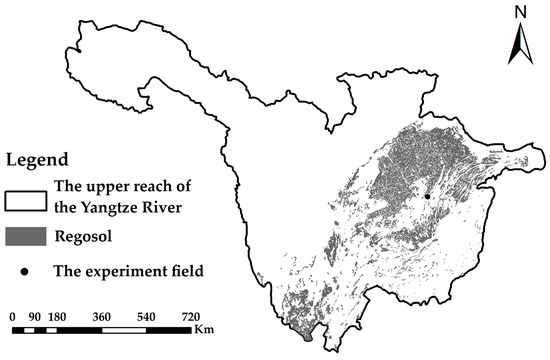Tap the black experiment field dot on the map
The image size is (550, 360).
(427, 197)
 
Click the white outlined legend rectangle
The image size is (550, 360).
(25, 196)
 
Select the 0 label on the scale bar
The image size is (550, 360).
(12, 316)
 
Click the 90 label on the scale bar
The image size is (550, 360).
(35, 316)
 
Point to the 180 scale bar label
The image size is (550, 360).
(57, 316)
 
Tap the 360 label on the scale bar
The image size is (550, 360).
(102, 316)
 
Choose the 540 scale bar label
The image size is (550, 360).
(147, 316)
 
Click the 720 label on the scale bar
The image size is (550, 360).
(192, 316)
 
